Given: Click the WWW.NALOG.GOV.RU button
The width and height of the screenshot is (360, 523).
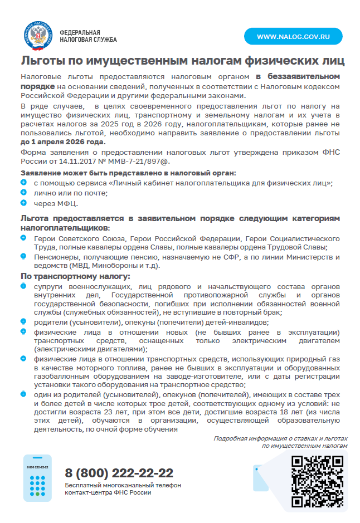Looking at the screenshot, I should (x=293, y=36).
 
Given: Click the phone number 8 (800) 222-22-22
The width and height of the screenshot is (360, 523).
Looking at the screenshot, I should (x=119, y=473).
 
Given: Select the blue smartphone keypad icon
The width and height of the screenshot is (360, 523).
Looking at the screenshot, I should (x=37, y=478).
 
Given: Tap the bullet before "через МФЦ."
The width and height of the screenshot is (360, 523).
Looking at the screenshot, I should (x=23, y=202).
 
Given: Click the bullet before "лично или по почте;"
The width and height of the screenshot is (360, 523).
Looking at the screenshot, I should (x=23, y=192).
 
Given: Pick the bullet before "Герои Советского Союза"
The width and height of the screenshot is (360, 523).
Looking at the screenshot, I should (x=23, y=238).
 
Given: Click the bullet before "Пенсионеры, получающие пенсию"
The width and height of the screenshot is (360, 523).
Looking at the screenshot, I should (x=23, y=256).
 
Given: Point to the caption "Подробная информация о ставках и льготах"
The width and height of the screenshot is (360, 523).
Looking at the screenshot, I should (x=280, y=438).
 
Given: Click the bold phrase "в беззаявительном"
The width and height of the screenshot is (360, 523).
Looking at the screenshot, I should (x=298, y=76).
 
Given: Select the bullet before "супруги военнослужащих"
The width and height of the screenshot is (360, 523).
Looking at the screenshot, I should (x=23, y=286).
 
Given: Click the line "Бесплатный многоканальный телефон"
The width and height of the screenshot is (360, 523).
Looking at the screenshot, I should (x=123, y=485).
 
